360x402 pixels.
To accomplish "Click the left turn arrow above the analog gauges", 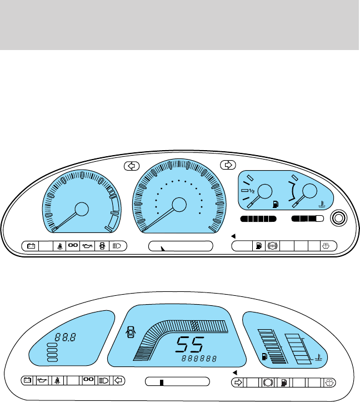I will [x=132, y=165].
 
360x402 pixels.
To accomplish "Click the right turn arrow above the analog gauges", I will [x=227, y=164].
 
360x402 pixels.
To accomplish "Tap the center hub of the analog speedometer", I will [x=179, y=204].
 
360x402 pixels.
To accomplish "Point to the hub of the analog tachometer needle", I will [x=81, y=209].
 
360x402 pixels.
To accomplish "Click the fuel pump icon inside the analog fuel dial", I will [x=275, y=204].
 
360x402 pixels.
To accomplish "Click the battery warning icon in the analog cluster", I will [x=31, y=245].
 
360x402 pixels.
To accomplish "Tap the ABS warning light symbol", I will [x=272, y=245].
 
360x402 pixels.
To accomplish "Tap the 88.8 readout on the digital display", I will [x=65, y=336].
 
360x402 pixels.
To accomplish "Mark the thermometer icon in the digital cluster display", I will [x=318, y=358].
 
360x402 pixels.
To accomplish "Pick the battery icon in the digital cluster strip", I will [x=27, y=381].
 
